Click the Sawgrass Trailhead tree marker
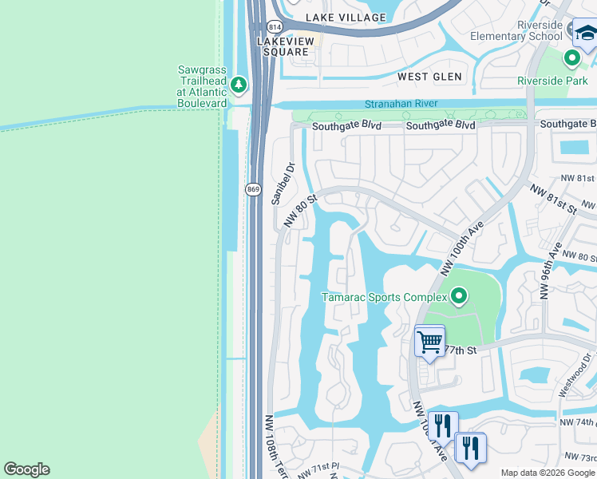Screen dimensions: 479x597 [x=238, y=84]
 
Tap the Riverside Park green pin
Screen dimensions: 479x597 [x=571, y=58]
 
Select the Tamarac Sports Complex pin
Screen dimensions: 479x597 [x=458, y=297]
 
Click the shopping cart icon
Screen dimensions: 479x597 [x=429, y=341]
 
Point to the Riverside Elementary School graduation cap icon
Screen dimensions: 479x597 [x=587, y=34]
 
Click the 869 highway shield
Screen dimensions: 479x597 [x=253, y=188]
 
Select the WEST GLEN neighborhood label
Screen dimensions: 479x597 [x=430, y=77]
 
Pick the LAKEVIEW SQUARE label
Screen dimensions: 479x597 [x=283, y=46]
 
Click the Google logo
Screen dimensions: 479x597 [x=26, y=469]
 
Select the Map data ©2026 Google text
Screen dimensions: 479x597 [x=547, y=473]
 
